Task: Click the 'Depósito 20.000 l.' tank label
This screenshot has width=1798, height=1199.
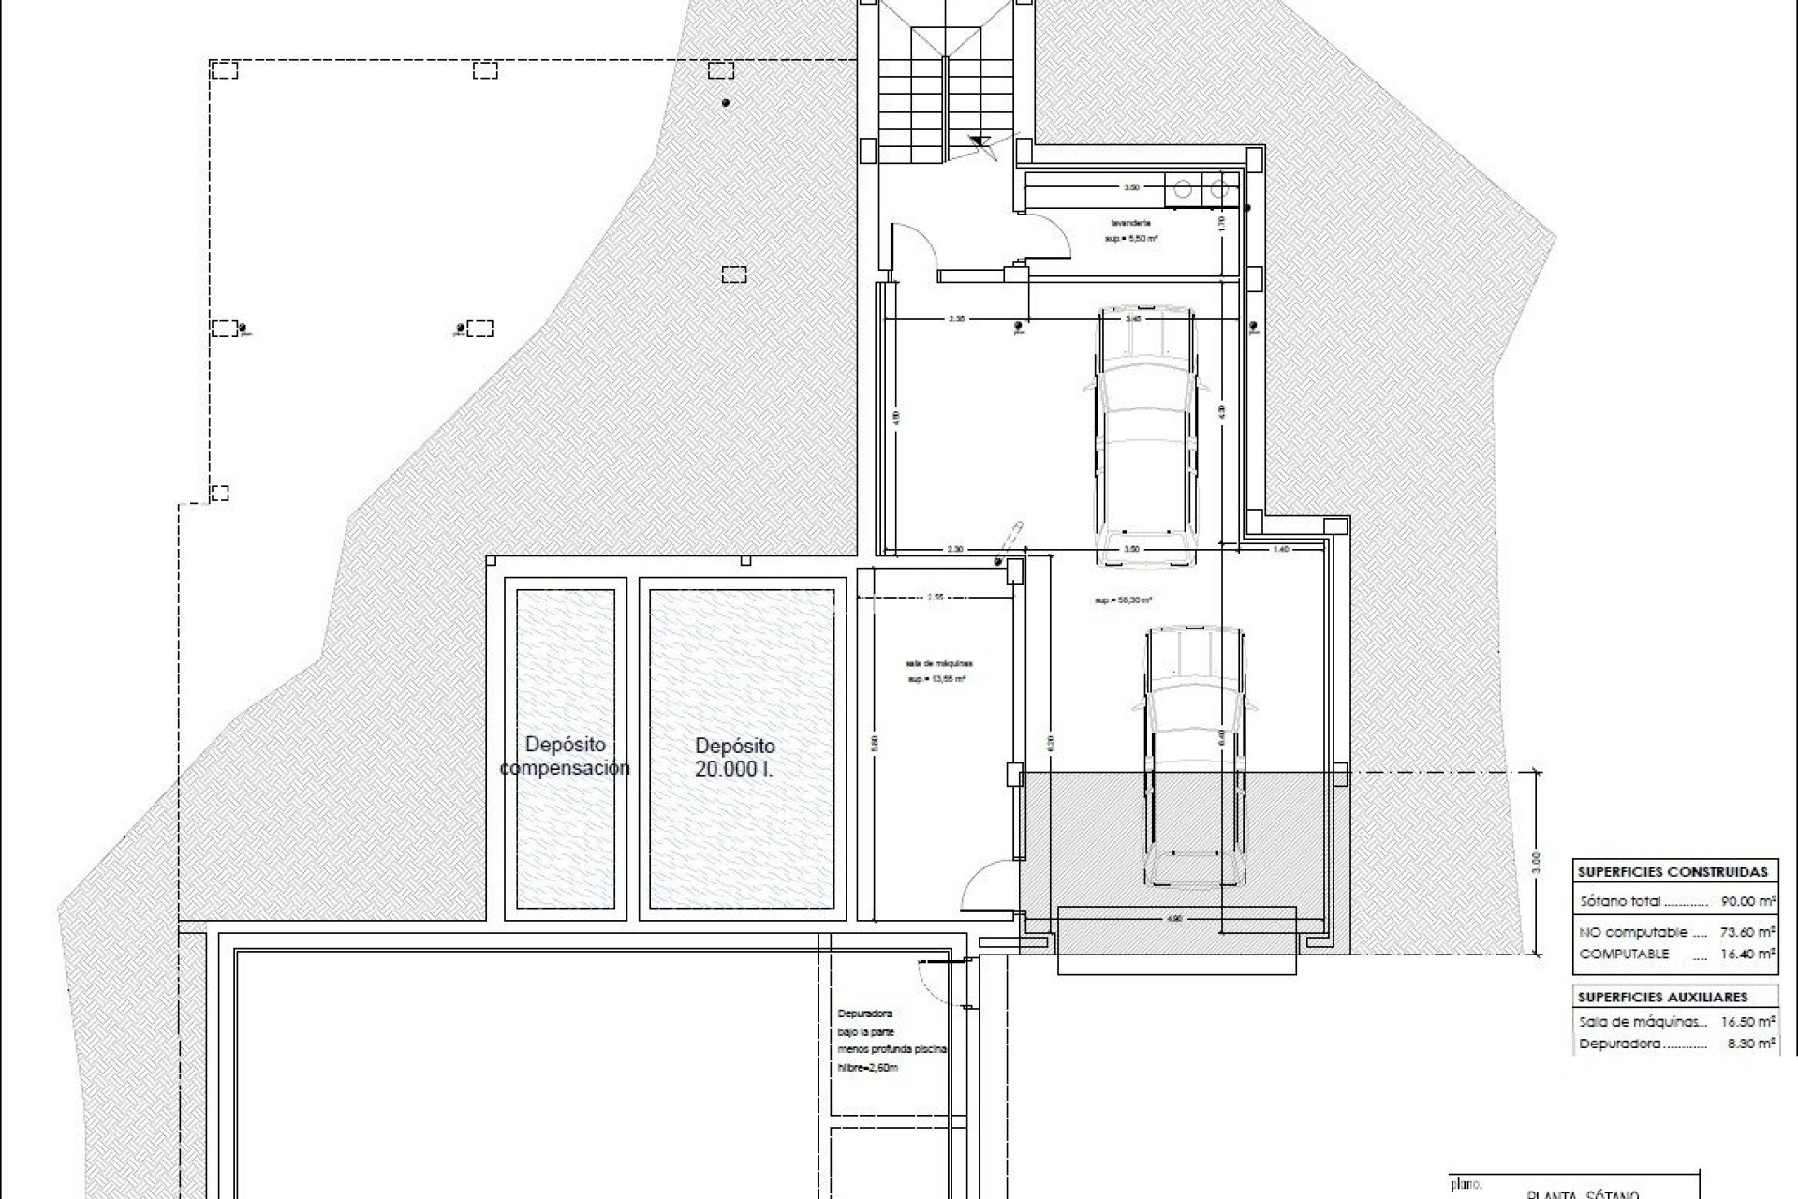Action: (x=735, y=758)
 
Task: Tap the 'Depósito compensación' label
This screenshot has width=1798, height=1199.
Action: (x=565, y=756)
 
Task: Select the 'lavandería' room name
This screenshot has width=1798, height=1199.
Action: (x=1130, y=223)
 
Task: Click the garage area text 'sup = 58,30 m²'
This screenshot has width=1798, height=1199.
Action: (x=1122, y=600)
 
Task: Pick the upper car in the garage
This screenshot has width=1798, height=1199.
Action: (x=1146, y=436)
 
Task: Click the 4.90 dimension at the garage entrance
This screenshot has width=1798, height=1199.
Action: (x=1176, y=919)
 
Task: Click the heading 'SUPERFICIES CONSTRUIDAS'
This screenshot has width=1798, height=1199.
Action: (x=1673, y=871)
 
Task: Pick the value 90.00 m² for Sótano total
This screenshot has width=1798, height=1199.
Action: (x=1748, y=901)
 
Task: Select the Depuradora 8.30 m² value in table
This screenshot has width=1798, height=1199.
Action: (x=1748, y=1043)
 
